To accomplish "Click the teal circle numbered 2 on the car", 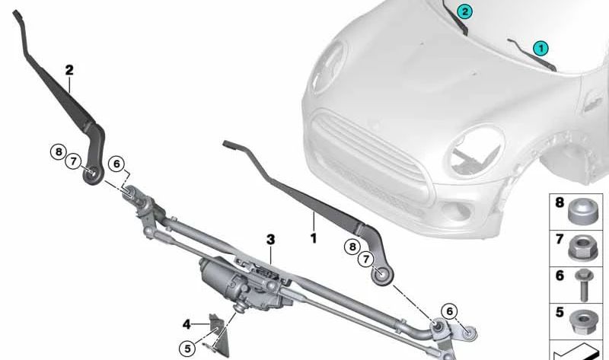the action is click(464, 11).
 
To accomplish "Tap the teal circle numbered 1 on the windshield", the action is click(540, 49).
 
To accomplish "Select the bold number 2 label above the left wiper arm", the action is click(69, 70).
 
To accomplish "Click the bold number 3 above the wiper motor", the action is click(271, 240).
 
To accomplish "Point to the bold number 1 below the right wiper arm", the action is click(314, 238).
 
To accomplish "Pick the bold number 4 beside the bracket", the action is click(187, 324).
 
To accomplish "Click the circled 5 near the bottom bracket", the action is click(187, 349).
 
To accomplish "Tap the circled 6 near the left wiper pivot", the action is click(116, 164).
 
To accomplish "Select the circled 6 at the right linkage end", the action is click(449, 311).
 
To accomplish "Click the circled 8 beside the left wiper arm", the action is click(59, 151).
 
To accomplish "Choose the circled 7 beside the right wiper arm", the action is click(365, 259).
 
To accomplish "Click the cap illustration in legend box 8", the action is click(582, 211).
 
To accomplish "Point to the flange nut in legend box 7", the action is click(582, 248).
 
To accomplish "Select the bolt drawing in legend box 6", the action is click(583, 285).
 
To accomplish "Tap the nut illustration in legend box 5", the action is click(583, 321).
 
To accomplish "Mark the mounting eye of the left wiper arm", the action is click(93, 174).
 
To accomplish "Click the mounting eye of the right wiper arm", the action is click(382, 276).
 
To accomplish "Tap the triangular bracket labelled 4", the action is click(220, 335).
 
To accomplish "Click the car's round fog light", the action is click(456, 211).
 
